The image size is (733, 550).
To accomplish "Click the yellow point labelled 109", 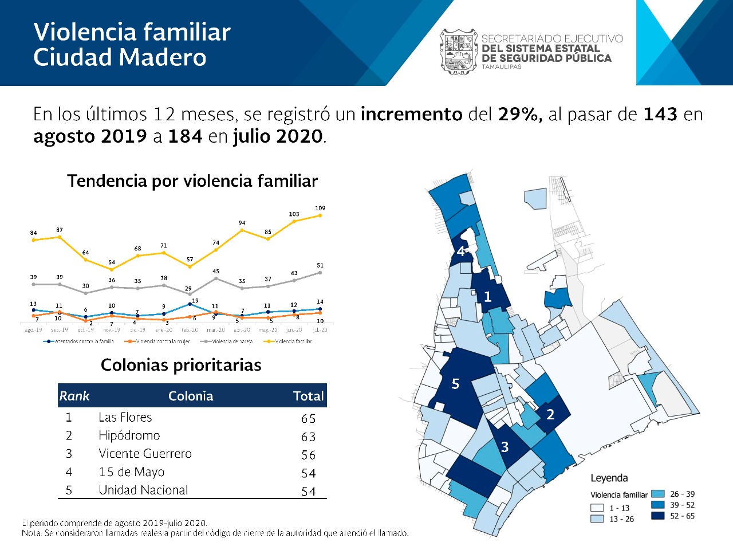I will pos(320,215).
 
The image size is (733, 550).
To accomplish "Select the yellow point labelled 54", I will pos(112,269).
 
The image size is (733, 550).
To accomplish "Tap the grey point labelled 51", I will pos(320,273).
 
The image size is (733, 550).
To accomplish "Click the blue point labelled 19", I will pos(190,304).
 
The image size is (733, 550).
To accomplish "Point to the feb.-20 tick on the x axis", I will pos(190,330).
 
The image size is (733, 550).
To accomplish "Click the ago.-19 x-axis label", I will pos(33,330).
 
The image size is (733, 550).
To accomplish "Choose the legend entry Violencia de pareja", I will pos(229,341).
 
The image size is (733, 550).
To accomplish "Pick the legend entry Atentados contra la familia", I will pos(81,341).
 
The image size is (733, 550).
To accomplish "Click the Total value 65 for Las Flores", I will pos(309,419).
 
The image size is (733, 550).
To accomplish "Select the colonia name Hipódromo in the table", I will pos(129,435).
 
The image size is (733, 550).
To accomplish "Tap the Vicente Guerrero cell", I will pos(145,454).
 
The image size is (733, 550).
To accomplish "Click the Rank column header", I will pos(74,396).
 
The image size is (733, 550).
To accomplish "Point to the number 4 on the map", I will pos(460,252).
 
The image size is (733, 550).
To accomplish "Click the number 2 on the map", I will pos(550,414).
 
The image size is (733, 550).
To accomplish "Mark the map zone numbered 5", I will pos(455,384).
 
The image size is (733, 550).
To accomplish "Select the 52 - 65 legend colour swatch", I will pos(658,516).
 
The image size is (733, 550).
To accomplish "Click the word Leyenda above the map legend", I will pos(609,478).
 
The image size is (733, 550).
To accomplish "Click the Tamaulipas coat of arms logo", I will pos(458,52).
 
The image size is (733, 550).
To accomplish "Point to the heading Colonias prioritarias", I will pos(181,365).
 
